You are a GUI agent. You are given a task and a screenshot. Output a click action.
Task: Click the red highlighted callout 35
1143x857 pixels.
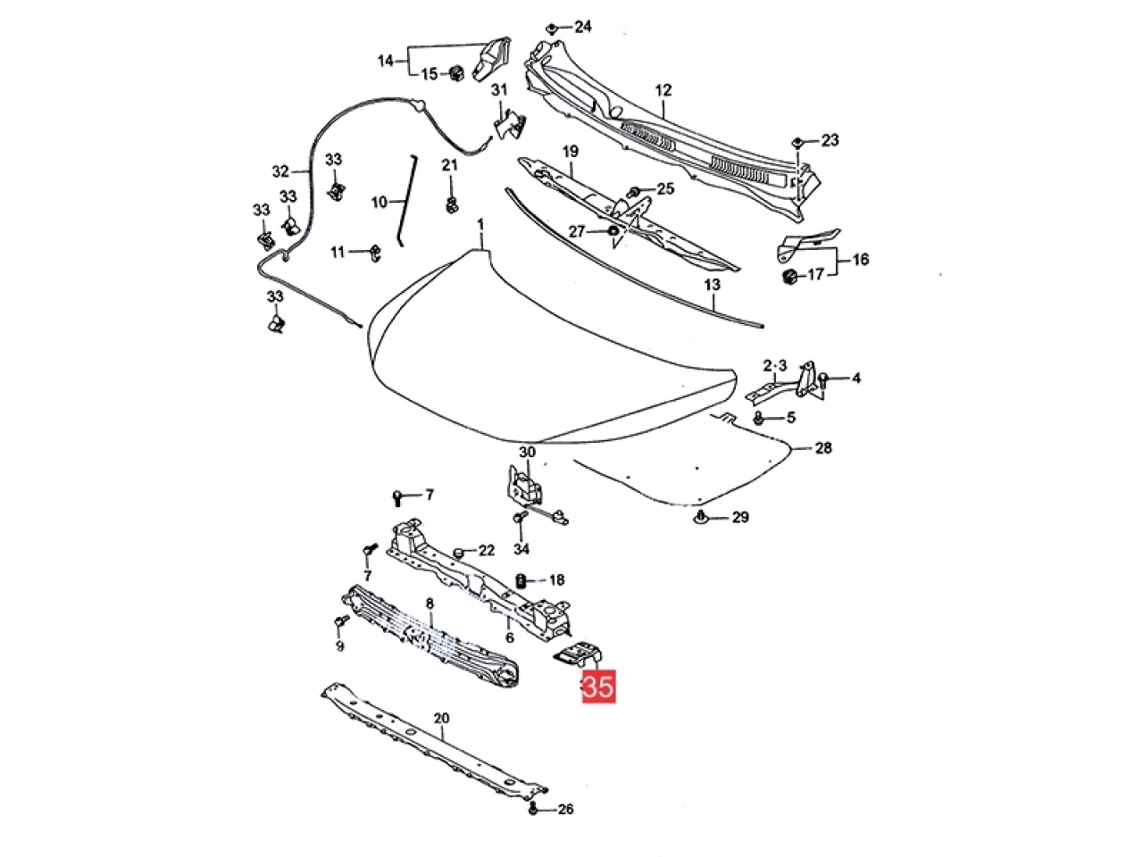(598, 686)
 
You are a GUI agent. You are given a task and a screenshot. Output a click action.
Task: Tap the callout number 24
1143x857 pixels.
(583, 26)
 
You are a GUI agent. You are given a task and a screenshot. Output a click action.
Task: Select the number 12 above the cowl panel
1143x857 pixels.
(663, 90)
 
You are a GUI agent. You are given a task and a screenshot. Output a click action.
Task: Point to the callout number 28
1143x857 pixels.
(822, 447)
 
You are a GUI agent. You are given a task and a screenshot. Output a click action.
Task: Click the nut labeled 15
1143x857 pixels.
(456, 74)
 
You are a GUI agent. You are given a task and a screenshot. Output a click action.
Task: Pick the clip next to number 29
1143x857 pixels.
(701, 516)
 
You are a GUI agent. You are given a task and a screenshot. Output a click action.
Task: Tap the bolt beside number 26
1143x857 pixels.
(533, 809)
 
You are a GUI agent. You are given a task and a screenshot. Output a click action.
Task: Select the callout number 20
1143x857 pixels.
(441, 719)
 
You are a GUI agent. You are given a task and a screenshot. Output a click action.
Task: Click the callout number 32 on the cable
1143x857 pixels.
(280, 171)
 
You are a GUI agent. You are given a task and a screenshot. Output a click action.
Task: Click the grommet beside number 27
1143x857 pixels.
(613, 230)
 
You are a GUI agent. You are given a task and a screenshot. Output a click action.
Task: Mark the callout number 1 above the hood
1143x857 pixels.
(480, 225)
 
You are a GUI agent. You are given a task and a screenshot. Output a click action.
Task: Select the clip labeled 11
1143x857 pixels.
(375, 253)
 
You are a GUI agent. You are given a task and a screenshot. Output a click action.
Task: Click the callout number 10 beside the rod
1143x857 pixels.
(380, 202)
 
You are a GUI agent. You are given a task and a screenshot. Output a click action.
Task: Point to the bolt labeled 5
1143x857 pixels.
(759, 417)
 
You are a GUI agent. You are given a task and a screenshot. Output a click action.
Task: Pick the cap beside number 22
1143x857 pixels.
(458, 551)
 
